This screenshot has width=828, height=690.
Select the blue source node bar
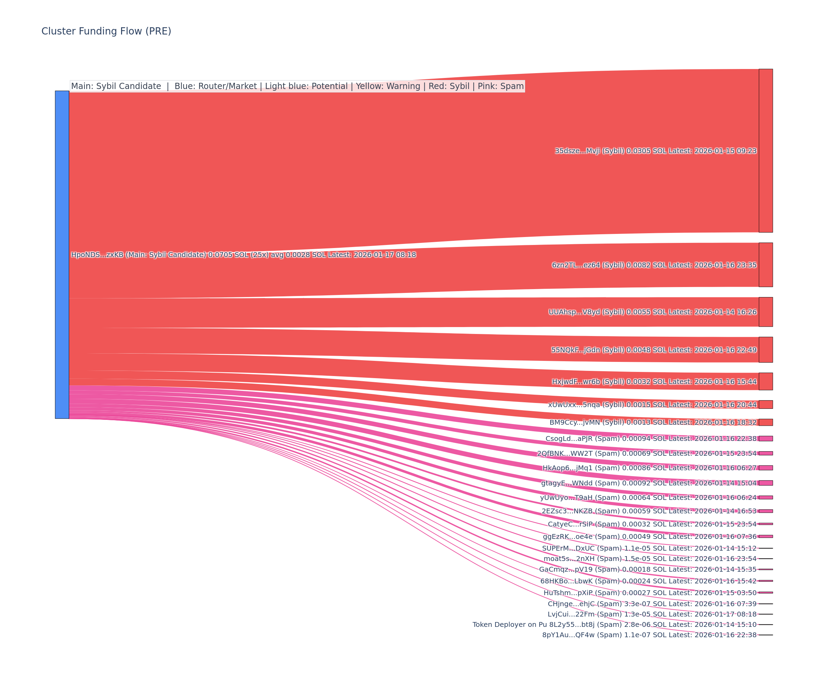pyautogui.click(x=62, y=255)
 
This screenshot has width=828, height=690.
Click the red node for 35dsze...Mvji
pyautogui.click(x=766, y=151)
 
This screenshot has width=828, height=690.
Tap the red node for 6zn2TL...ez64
pyautogui.click(x=766, y=265)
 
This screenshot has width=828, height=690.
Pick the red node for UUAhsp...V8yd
pyautogui.click(x=766, y=312)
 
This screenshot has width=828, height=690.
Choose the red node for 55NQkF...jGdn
pyautogui.click(x=766, y=350)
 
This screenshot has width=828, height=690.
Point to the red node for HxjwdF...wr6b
pyautogui.click(x=766, y=381)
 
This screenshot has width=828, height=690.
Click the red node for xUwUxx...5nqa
pyautogui.click(x=766, y=405)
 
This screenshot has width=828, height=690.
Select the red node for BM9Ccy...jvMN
pyautogui.click(x=766, y=422)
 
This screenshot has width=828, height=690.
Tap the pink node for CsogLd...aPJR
pyautogui.click(x=766, y=438)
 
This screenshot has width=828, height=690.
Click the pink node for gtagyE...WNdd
pyautogui.click(x=766, y=483)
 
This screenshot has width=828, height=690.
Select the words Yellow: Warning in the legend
pyautogui.click(x=388, y=86)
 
